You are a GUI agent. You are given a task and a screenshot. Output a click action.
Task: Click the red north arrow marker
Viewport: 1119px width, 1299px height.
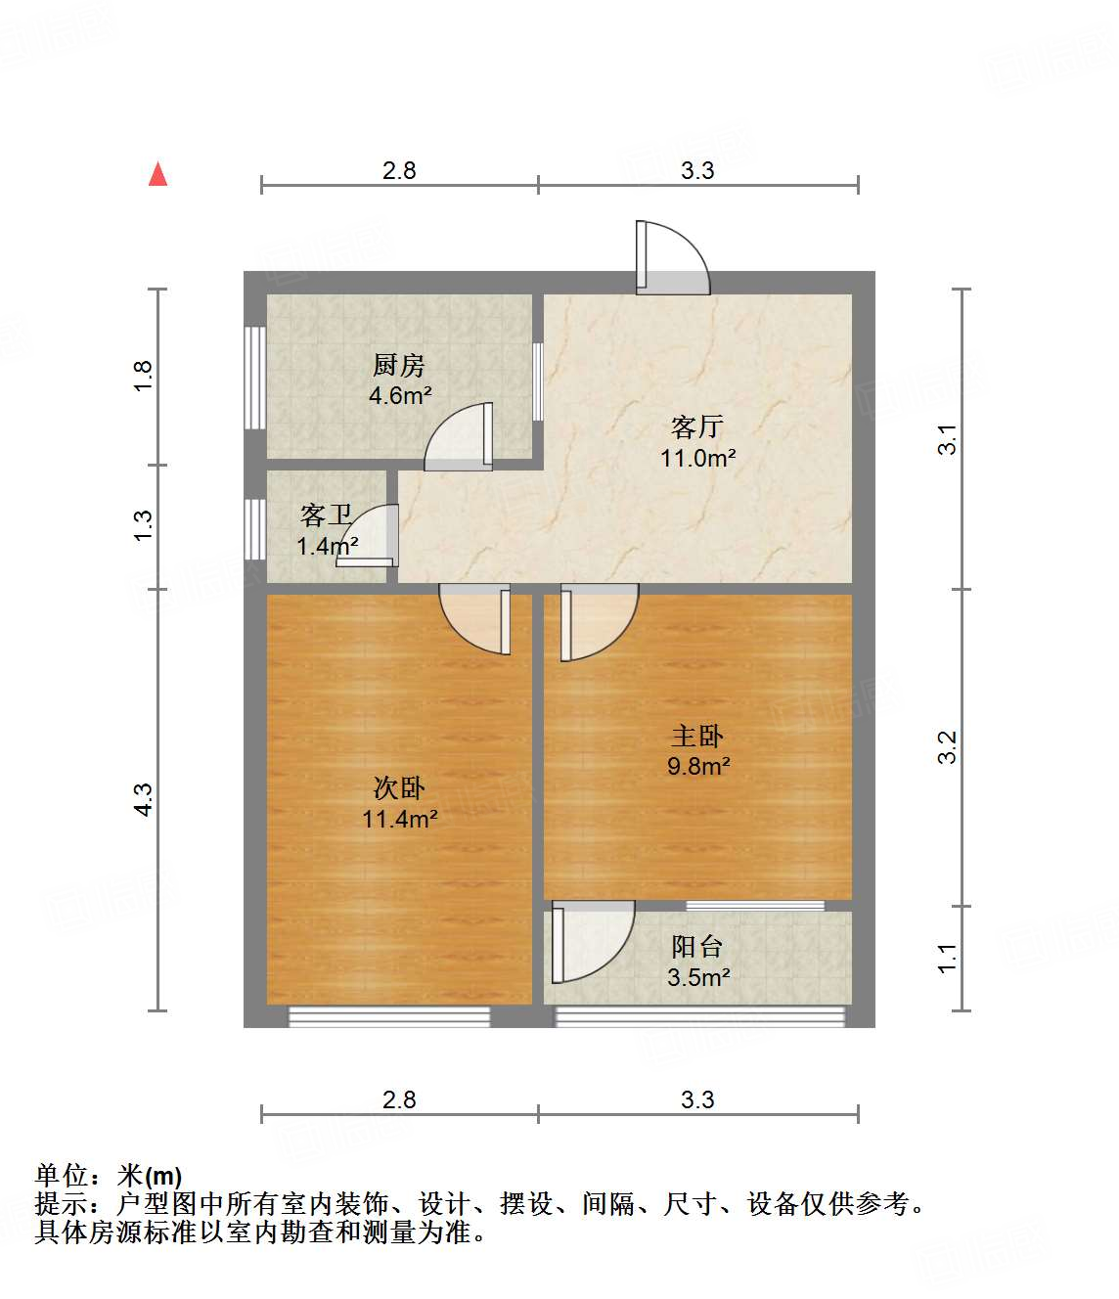click(x=157, y=174)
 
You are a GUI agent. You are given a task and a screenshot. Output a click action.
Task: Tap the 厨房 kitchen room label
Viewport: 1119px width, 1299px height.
click(x=399, y=366)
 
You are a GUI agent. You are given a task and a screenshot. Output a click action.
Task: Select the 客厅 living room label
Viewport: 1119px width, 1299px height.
click(x=697, y=426)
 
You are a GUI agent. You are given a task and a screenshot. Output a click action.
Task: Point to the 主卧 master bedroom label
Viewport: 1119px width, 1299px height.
click(x=697, y=736)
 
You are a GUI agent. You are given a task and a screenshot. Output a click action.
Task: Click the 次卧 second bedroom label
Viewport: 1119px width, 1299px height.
click(x=399, y=788)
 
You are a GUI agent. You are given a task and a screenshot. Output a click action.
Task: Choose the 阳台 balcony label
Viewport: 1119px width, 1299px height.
click(x=697, y=946)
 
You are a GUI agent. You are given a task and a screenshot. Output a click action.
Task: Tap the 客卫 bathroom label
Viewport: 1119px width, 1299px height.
click(x=326, y=515)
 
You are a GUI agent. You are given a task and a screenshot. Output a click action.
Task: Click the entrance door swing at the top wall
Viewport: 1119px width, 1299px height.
click(x=673, y=258)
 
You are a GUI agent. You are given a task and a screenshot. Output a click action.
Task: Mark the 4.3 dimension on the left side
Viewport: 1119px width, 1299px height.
click(x=143, y=799)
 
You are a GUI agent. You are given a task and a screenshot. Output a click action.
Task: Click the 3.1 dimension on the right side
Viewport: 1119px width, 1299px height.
click(x=947, y=439)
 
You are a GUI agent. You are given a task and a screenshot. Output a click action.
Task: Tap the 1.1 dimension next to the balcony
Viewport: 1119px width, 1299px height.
click(x=947, y=958)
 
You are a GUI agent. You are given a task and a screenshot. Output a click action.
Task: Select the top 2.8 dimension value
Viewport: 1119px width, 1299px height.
click(x=399, y=171)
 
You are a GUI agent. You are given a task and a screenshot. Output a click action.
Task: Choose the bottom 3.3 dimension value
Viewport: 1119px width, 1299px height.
click(x=697, y=1100)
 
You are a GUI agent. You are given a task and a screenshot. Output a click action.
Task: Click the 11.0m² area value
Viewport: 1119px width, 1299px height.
click(x=697, y=458)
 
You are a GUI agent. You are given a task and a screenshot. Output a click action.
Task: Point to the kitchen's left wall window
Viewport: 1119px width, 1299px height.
click(x=255, y=378)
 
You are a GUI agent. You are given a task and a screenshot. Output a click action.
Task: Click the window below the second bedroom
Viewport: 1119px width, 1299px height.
click(x=389, y=1017)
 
